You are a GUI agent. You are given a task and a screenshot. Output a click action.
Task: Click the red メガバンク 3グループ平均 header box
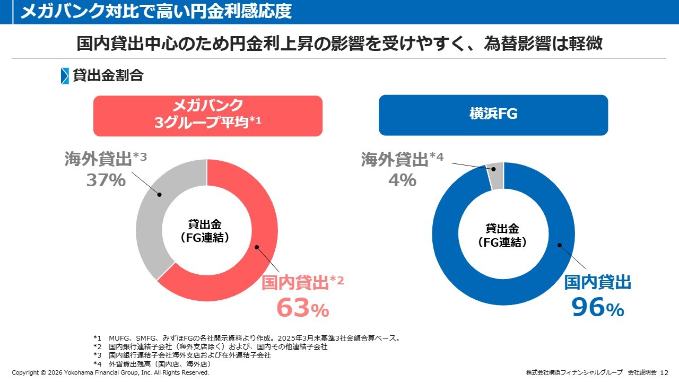[208, 116]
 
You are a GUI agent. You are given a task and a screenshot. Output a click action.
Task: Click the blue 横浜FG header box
[493, 115]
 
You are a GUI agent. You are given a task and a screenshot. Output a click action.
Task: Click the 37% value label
[106, 180]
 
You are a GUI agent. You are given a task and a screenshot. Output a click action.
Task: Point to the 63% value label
[302, 308]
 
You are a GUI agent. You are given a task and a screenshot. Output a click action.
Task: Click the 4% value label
[402, 180]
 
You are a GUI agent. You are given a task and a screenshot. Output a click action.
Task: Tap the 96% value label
[597, 308]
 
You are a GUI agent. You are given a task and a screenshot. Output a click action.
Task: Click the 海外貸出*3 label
[106, 159]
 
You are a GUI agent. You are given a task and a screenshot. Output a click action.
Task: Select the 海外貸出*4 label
[402, 159]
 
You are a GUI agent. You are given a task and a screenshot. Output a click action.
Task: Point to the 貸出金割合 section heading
[108, 75]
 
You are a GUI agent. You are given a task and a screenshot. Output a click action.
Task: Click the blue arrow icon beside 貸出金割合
[65, 76]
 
